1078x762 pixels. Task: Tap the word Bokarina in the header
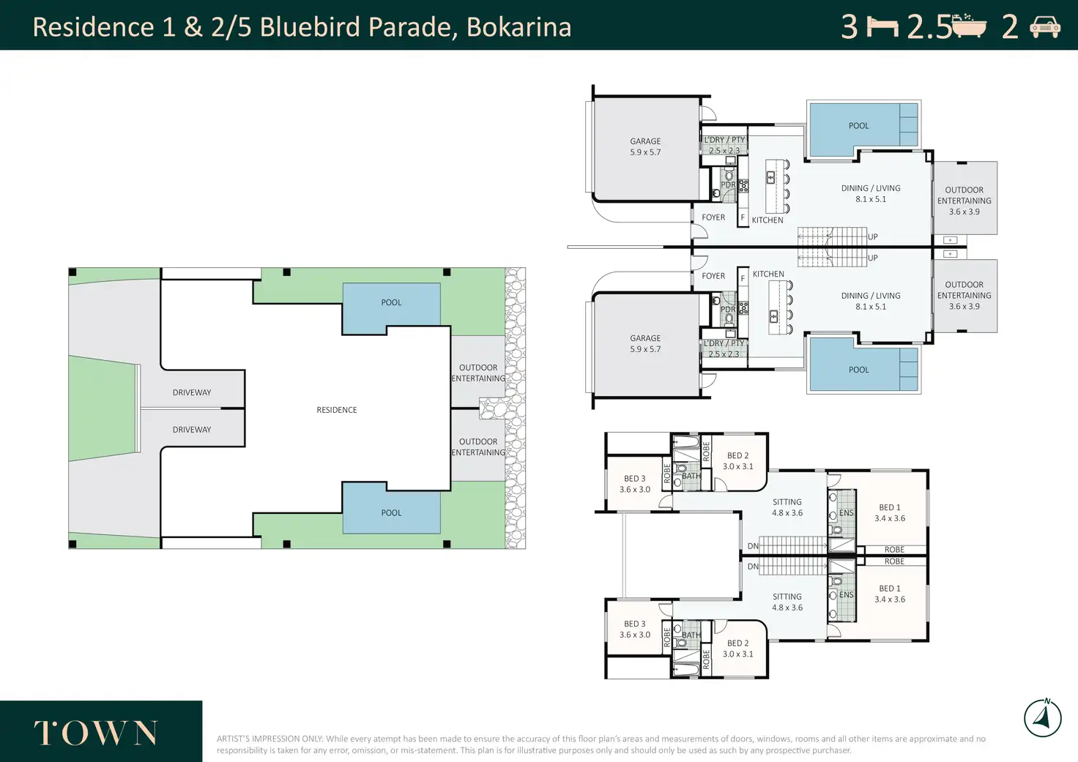(518, 27)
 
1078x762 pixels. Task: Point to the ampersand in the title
(193, 27)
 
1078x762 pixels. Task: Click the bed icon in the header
(882, 27)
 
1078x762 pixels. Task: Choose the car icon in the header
(1045, 27)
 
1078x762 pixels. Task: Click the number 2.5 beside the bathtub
(929, 27)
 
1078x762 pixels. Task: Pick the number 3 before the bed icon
(850, 27)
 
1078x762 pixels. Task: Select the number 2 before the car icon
(1010, 27)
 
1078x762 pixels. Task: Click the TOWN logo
(96, 733)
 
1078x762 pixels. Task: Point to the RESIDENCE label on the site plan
(336, 410)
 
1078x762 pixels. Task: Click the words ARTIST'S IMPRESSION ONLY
(270, 739)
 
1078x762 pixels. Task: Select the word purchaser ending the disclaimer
(832, 750)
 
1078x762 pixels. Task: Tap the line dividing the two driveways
(193, 409)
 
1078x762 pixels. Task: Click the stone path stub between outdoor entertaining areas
(492, 408)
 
